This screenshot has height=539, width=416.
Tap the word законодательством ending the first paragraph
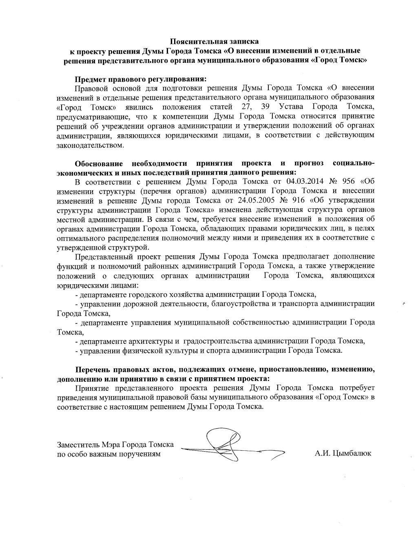coord(90,145)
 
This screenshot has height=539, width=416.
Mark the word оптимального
coord(81,238)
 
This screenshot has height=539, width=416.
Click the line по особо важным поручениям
coord(109,453)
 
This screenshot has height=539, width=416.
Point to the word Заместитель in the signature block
coord(75,444)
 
